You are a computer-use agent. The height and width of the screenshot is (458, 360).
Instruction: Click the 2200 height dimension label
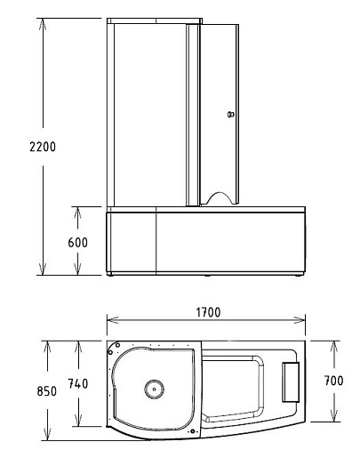tap(43, 147)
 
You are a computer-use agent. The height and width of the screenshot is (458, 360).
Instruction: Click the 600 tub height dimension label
tap(78, 243)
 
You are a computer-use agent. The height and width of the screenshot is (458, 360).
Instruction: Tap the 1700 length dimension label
tap(208, 312)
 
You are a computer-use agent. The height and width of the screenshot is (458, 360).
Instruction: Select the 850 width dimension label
tap(47, 391)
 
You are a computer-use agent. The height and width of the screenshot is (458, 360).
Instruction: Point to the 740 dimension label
tap(78, 383)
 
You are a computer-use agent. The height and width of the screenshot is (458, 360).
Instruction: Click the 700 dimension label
tap(334, 381)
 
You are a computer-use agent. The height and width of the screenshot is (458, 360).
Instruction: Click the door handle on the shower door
tap(231, 114)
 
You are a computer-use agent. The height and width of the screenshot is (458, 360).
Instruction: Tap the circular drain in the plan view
tap(154, 390)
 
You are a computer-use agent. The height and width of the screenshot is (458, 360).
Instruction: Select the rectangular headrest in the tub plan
tap(291, 382)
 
